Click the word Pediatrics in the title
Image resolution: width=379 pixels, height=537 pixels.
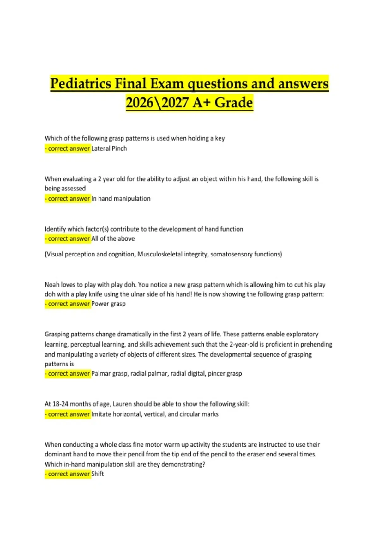tap(81, 84)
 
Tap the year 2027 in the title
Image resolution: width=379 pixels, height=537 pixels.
tap(175, 103)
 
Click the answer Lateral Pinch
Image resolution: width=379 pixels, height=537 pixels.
tap(109, 148)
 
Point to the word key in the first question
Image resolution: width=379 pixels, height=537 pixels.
tap(220, 138)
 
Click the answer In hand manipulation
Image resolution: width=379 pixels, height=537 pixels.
tap(121, 199)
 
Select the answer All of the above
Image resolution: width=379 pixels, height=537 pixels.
tap(113, 239)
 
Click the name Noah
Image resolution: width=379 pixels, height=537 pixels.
tap(52, 285)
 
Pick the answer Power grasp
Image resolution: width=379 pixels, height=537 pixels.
tap(108, 304)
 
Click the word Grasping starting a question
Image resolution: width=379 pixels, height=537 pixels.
tap(57, 334)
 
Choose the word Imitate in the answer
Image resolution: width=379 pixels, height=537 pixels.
tap(101, 414)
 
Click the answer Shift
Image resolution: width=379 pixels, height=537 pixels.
tap(98, 474)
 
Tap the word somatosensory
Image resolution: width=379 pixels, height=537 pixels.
tap(231, 254)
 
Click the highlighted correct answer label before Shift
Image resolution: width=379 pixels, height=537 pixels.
tap(68, 474)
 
